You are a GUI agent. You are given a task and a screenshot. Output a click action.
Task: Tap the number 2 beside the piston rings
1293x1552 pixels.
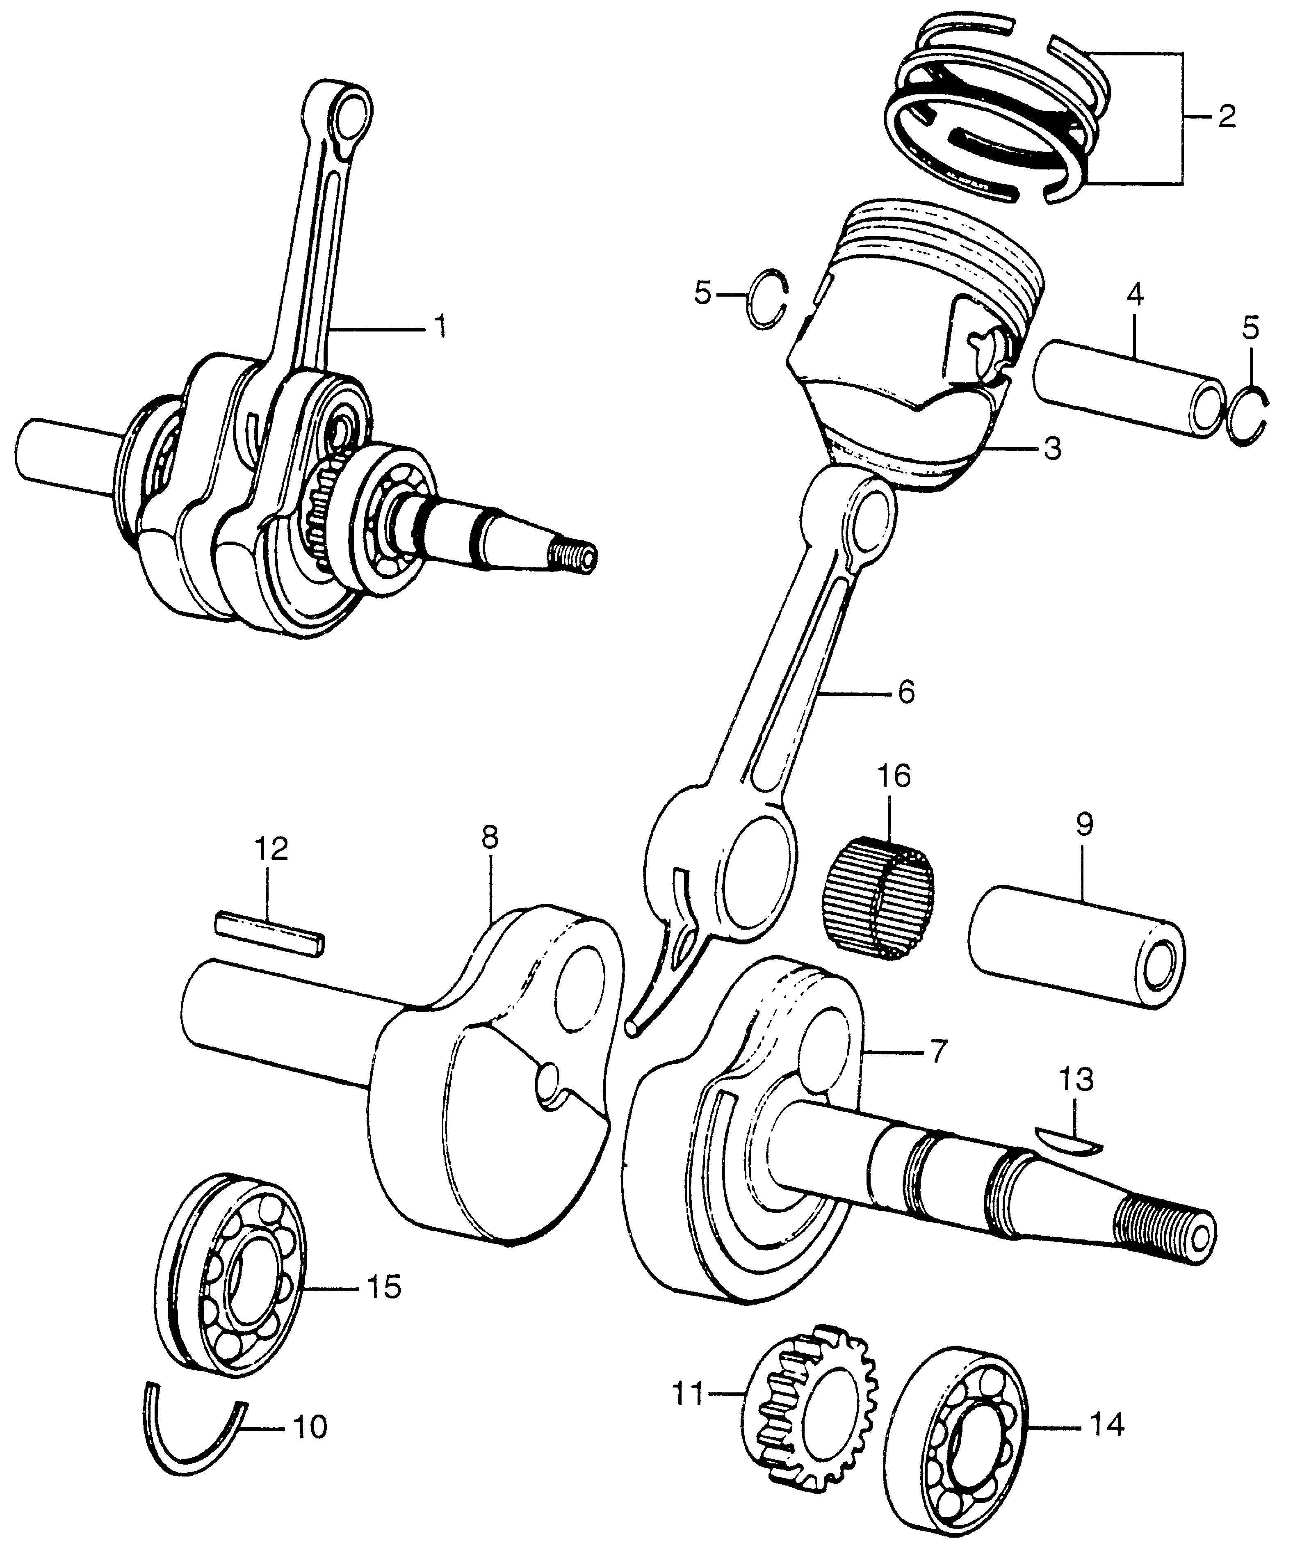click(1227, 117)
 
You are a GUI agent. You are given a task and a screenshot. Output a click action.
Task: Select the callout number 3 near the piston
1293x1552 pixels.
click(1052, 448)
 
